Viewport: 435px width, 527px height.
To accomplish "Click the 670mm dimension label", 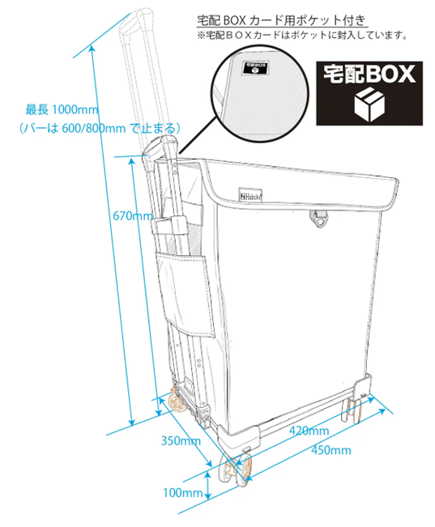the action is coord(133,215).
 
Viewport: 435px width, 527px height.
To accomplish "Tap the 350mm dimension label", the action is coord(181,440).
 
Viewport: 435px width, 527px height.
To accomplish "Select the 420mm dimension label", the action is coord(309,431).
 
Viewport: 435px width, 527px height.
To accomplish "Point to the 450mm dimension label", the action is coord(331,450).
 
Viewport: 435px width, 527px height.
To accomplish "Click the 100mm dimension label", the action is coord(183,493).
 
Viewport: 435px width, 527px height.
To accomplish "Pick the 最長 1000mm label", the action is coord(62,109).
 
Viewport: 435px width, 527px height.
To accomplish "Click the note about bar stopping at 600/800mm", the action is coord(100,128).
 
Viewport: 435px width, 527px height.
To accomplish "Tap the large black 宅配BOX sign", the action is coord(369,93).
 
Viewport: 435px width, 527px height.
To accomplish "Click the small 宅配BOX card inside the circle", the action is coord(255,67).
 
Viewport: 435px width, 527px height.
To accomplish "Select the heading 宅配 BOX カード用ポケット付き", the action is coord(281,20).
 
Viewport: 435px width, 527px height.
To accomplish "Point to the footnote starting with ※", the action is coord(302,35).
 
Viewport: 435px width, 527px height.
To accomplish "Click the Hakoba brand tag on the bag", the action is coord(250,195).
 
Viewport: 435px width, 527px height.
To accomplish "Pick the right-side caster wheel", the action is coord(352,410).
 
